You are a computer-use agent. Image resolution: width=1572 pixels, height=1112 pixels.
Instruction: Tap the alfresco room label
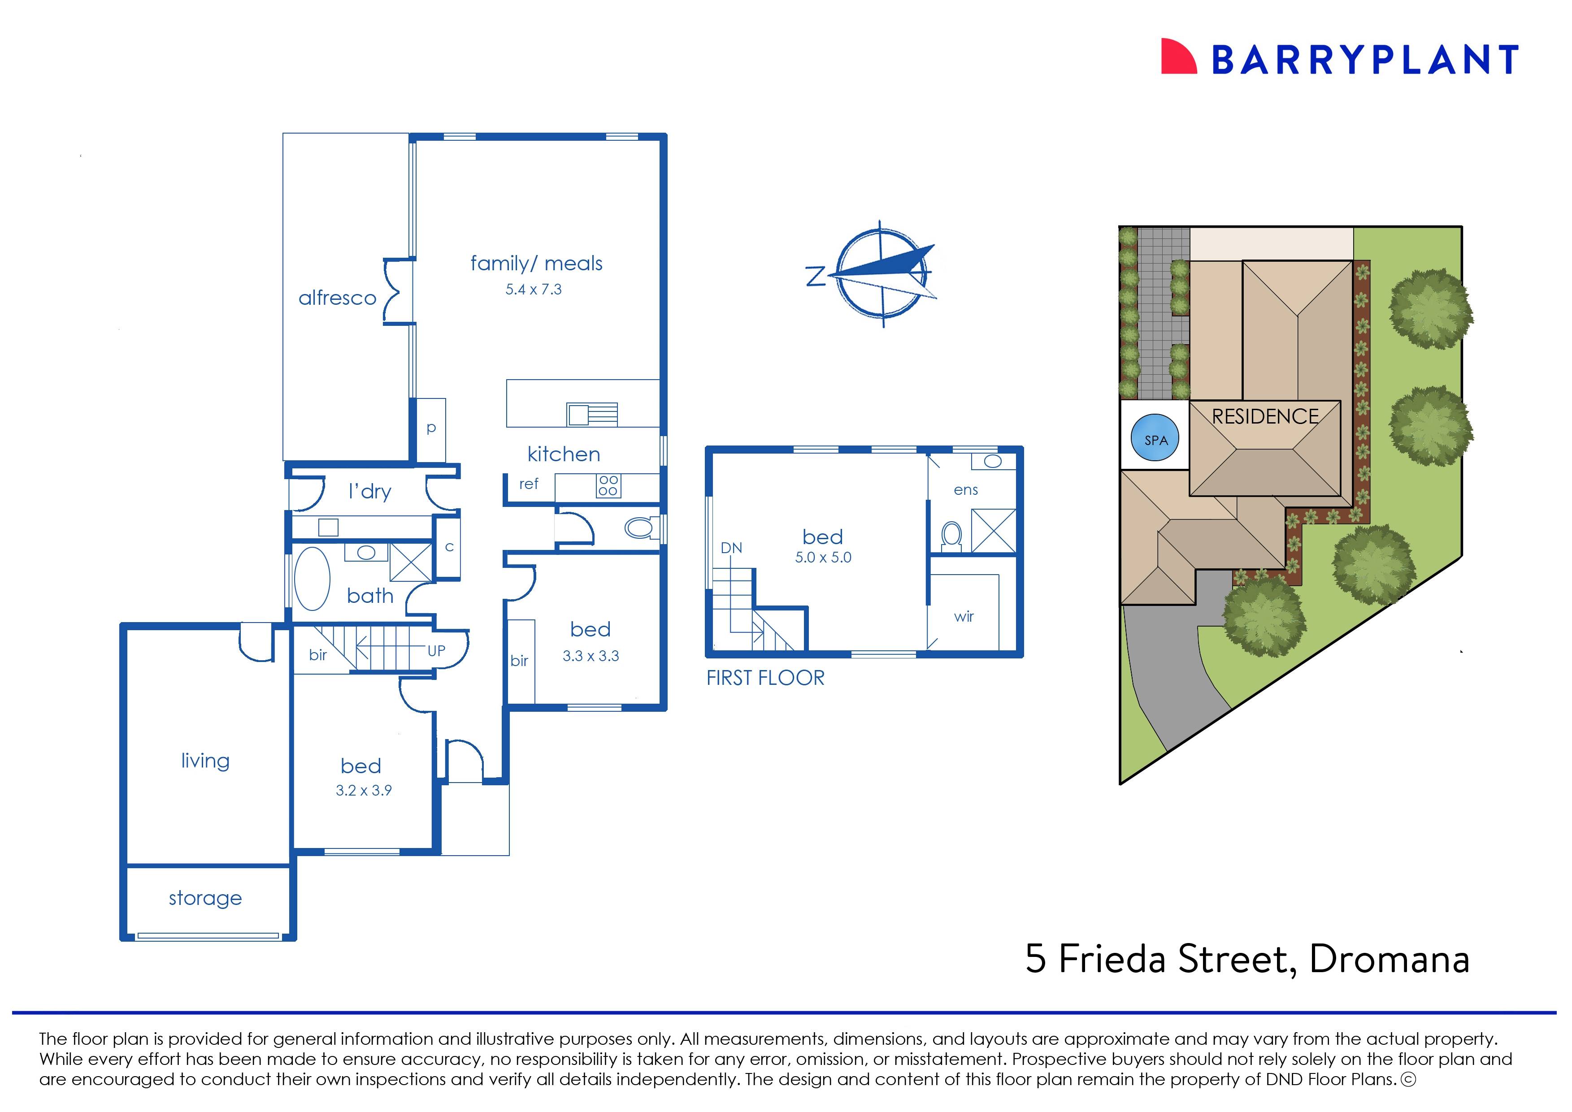pyautogui.click(x=337, y=298)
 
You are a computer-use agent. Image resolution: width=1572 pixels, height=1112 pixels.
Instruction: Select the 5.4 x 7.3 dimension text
pyautogui.click(x=533, y=290)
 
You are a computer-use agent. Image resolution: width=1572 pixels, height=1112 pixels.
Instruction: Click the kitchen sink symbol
pyautogui.click(x=592, y=414)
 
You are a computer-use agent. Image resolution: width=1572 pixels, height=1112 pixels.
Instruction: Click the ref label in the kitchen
pyautogui.click(x=528, y=484)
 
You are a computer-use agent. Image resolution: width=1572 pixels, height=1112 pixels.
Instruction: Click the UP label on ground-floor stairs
pyautogui.click(x=436, y=651)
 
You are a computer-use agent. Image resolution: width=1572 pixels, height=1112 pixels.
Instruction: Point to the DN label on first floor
pyautogui.click(x=731, y=548)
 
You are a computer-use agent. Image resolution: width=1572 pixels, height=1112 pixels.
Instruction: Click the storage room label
pyautogui.click(x=205, y=898)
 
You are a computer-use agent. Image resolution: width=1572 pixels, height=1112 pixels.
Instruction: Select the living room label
pyautogui.click(x=205, y=761)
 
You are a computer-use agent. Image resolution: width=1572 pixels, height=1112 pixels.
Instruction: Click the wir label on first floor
pyautogui.click(x=963, y=616)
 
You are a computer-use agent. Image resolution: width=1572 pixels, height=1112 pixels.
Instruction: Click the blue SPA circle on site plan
pyautogui.click(x=1155, y=440)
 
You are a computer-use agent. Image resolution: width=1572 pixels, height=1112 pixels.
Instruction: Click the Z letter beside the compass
pyautogui.click(x=816, y=277)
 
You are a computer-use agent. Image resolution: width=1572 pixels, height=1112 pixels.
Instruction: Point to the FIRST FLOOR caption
pyautogui.click(x=765, y=678)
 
